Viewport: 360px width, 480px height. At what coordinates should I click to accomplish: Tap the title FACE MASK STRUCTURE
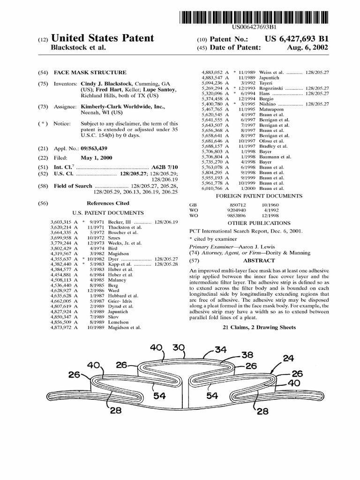pyautogui.click(x=90, y=73)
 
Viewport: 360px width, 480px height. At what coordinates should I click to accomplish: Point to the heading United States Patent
pyautogui.click(x=102, y=38)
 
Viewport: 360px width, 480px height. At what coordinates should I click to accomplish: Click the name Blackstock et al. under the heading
pyautogui.click(x=78, y=47)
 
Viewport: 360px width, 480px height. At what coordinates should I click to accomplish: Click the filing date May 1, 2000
pyautogui.click(x=97, y=157)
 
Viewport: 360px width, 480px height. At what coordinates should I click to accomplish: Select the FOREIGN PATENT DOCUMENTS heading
pyautogui.click(x=259, y=196)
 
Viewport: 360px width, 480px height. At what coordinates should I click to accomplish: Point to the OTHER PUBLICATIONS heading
pyautogui.click(x=259, y=223)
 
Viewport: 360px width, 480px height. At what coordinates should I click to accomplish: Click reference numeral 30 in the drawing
pyautogui.click(x=178, y=348)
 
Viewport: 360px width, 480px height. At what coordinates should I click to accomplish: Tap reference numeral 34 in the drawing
pyautogui.click(x=220, y=349)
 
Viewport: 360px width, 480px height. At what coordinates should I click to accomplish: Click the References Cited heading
pyautogui.click(x=108, y=203)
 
